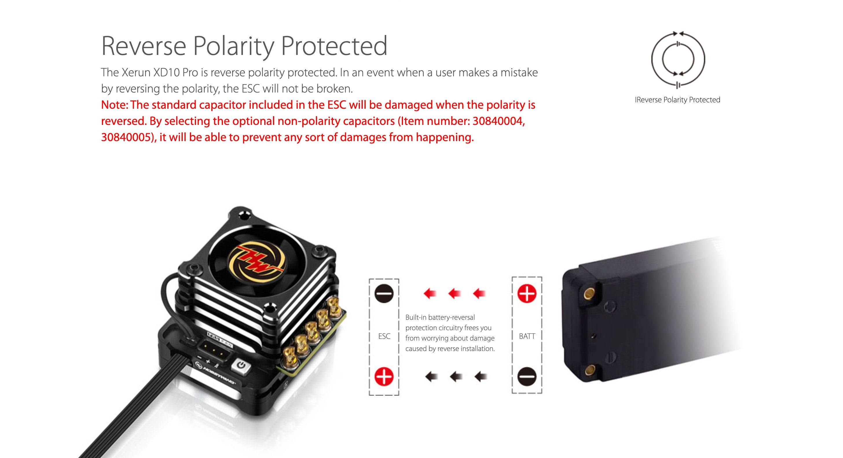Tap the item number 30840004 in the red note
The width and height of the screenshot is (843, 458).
pos(499,121)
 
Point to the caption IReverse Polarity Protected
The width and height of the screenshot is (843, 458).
pos(677,100)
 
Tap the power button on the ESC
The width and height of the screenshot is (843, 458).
pos(241,365)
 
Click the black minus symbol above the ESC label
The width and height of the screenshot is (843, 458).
pos(384,293)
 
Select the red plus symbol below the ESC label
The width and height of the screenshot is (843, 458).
pos(384,376)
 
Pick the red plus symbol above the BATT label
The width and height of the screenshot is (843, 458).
pos(527,293)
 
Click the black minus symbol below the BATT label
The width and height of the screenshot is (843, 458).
pos(527,376)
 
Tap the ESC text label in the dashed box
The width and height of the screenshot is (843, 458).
pos(384,336)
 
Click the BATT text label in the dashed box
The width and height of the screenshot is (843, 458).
pos(527,336)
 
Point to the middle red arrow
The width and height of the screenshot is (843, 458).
pos(455,293)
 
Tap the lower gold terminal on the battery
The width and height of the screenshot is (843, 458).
pos(590,370)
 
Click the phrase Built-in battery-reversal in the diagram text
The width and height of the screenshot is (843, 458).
pos(440,317)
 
